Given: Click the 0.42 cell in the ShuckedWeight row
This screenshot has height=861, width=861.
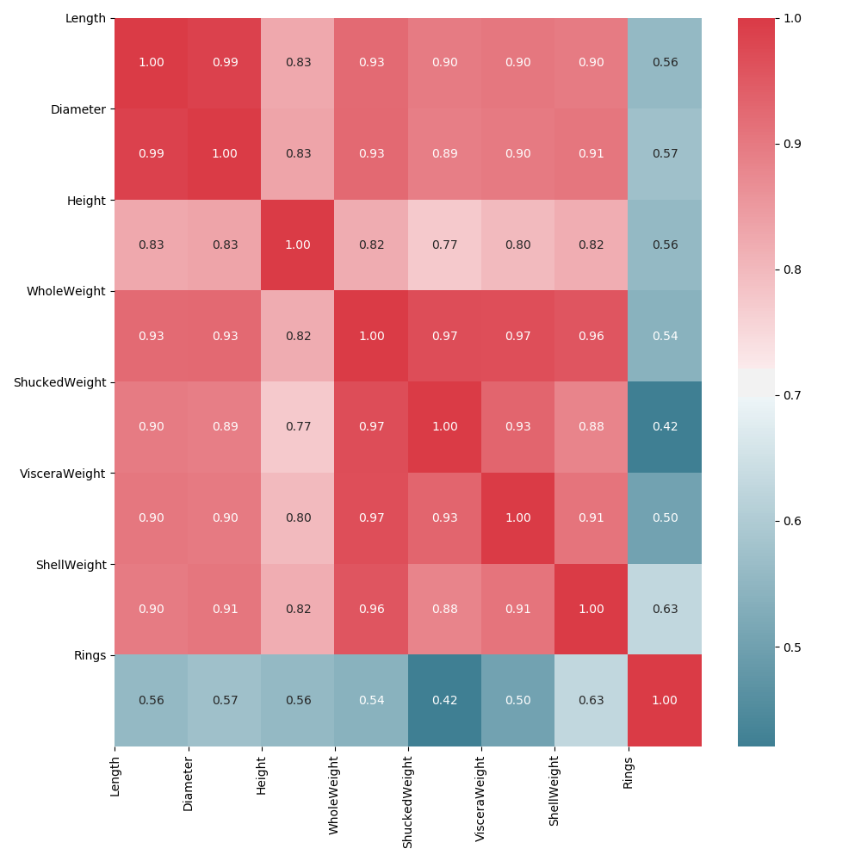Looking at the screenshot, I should pos(665,427).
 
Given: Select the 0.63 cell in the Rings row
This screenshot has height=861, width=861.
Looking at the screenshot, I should pos(592,700).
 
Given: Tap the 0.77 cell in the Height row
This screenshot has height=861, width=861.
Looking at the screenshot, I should pos(444,245).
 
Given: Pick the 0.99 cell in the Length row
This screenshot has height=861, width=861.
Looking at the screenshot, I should pos(225,63).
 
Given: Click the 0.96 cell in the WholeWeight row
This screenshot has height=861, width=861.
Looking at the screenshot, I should pos(592,336).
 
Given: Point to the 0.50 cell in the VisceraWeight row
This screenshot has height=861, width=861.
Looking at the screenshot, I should pos(665,518).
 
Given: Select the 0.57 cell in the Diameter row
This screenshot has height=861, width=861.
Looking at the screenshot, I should pos(665,154).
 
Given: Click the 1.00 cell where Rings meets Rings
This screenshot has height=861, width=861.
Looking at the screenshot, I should pos(665,700).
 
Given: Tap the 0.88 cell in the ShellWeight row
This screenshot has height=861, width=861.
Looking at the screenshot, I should pos(444,609).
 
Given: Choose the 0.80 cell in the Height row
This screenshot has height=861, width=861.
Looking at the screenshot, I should pos(518,245).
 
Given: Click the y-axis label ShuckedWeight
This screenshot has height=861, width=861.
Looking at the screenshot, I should pos(59,382).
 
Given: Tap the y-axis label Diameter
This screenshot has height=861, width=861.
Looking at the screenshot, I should pos(77,109).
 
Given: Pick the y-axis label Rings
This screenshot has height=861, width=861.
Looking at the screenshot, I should pos(90,655).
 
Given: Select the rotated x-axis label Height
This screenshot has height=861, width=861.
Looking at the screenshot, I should pos(262,774).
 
